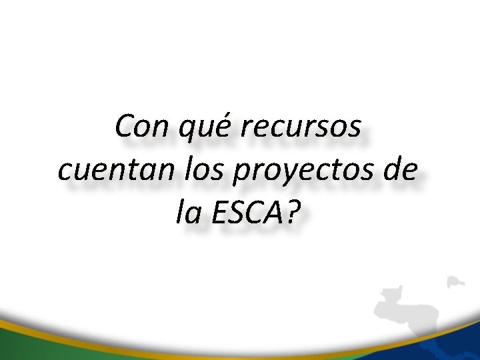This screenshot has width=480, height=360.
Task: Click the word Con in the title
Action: click(x=137, y=126)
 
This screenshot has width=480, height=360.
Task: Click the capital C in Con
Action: click(x=123, y=126)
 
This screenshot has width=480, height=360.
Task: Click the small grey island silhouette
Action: click(x=455, y=281)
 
